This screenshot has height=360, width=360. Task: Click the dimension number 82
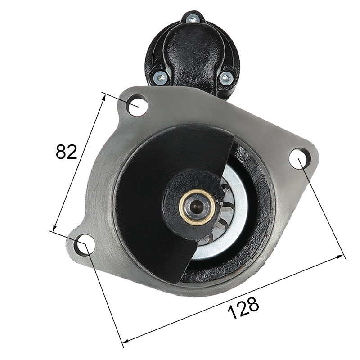tap(66, 152)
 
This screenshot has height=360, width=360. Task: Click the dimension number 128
tap(243, 308)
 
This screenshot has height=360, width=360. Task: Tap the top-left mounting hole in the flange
tap(137, 106)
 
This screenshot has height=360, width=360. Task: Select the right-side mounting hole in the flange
tap(300, 159)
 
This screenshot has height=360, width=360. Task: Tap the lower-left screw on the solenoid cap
tap(160, 77)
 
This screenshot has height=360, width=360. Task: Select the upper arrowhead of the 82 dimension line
tap(104, 97)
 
